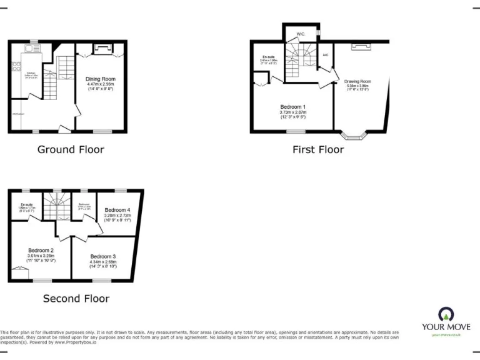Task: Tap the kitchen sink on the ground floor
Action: click(x=28, y=48)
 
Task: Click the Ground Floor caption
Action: click(x=71, y=149)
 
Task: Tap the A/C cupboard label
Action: click(x=325, y=55)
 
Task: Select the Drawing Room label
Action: click(x=357, y=81)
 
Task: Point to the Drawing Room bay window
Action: click(x=354, y=134)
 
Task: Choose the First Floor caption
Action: click(x=318, y=149)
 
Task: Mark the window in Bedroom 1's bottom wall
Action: click(x=296, y=131)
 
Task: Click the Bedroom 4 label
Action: click(x=117, y=209)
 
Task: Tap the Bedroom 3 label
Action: click(x=103, y=256)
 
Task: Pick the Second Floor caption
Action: click(x=76, y=299)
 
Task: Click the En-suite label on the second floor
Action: click(x=26, y=204)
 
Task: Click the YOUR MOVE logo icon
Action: click(x=446, y=314)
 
